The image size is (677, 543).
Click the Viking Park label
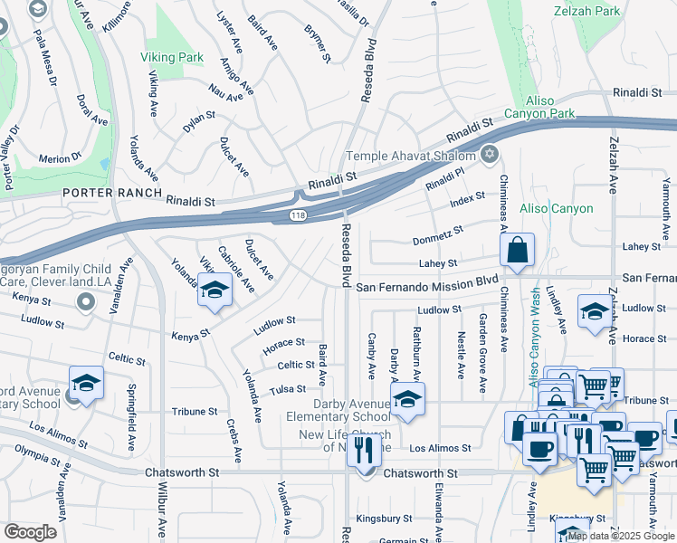pyautogui.click(x=171, y=56)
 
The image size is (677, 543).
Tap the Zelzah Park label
pyautogui.click(x=588, y=11)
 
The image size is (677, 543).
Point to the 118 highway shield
pyautogui.click(x=298, y=215)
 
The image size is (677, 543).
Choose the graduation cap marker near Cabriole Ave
pyautogui.click(x=215, y=291)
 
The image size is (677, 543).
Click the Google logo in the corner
pyautogui.click(x=30, y=532)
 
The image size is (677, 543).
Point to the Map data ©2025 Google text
pyautogui.click(x=621, y=536)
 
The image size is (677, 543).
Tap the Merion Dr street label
pyautogui.click(x=61, y=158)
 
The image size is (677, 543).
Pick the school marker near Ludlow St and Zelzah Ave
pyautogui.click(x=594, y=313)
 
